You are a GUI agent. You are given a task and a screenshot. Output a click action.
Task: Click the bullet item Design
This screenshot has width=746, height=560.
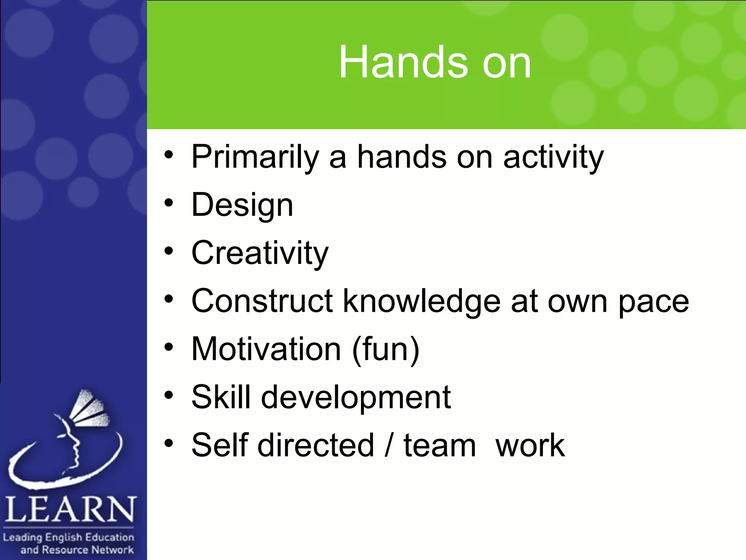pyautogui.click(x=242, y=205)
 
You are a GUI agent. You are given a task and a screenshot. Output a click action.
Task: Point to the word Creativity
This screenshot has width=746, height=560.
pyautogui.click(x=260, y=253)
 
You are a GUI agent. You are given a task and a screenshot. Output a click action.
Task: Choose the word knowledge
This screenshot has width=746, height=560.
pyautogui.click(x=422, y=301)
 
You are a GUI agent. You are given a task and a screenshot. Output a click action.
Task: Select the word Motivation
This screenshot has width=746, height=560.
pyautogui.click(x=266, y=349)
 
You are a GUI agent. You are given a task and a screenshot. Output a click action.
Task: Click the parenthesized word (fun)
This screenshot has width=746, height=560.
pyautogui.click(x=386, y=349)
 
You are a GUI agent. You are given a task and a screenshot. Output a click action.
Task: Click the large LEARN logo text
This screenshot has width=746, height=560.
pyautogui.click(x=70, y=509)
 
